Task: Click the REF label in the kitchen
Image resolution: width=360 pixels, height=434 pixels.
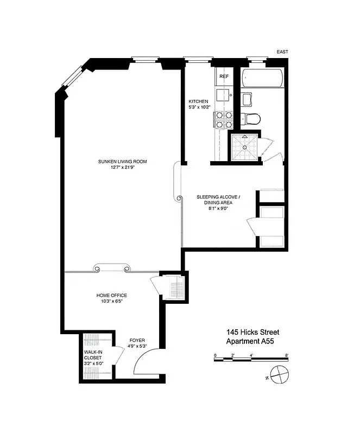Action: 224,77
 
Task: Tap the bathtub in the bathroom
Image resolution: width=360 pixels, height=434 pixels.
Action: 262,79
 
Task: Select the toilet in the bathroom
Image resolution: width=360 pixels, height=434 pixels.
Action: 253,118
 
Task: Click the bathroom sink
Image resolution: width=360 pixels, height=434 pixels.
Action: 247,99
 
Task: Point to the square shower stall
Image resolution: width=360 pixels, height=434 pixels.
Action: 244,147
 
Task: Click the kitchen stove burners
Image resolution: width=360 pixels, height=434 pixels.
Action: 222,119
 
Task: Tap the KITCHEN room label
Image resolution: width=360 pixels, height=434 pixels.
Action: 198,101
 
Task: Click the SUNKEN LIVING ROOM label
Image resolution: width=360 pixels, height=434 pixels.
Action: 122,162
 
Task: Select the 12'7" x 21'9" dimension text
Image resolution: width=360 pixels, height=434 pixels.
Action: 122,168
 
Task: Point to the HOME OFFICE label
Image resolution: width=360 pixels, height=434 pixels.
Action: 112,296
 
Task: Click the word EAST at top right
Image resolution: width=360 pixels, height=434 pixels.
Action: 282,52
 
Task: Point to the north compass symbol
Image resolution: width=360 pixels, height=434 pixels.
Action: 280,374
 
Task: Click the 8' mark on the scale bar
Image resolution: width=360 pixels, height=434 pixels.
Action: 286,355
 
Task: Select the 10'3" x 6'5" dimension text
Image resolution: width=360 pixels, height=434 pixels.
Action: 111,302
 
